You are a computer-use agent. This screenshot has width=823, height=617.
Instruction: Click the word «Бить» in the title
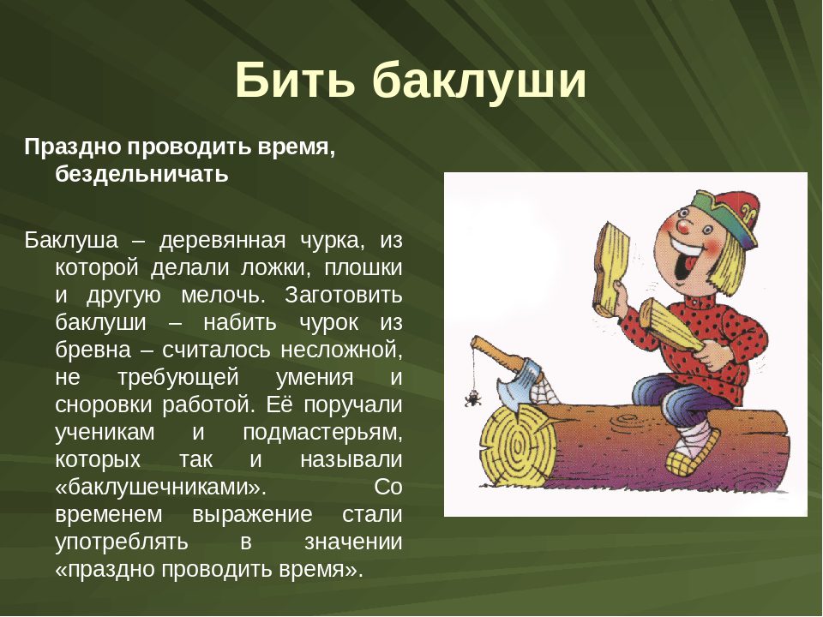295,80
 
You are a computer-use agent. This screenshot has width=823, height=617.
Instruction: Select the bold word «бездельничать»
141,174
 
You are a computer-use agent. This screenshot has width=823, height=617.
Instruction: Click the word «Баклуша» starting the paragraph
71,240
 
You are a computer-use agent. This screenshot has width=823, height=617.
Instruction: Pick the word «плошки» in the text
363,267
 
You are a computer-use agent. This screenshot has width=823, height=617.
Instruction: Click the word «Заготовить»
344,295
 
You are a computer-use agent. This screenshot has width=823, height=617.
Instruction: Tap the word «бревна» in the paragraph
93,350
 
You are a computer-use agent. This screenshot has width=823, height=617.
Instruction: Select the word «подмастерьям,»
323,432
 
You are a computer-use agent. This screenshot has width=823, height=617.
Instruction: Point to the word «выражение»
252,514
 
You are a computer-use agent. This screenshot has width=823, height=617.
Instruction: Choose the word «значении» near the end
353,542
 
